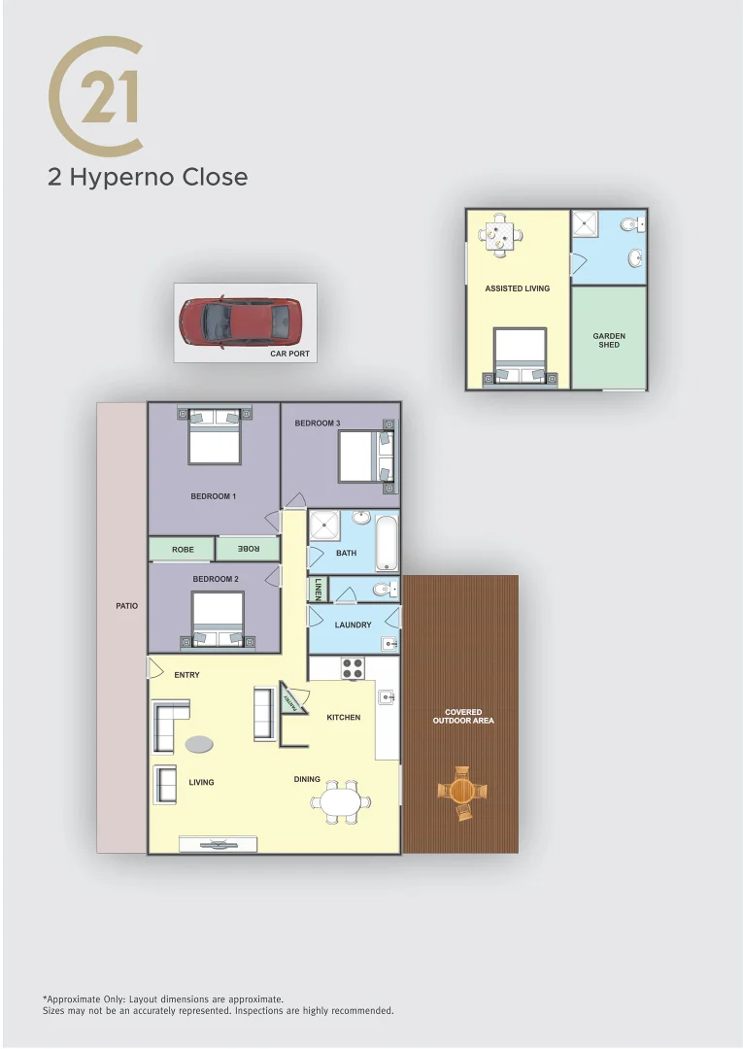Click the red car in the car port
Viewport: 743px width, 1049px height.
click(x=240, y=321)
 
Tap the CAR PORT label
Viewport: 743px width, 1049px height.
click(x=289, y=354)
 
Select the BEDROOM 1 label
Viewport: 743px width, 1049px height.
click(x=213, y=496)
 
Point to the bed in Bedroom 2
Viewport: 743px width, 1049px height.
click(x=218, y=619)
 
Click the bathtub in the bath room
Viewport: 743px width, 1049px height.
click(x=387, y=543)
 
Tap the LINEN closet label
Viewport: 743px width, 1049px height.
click(x=318, y=589)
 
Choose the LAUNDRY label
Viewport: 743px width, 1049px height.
click(x=353, y=625)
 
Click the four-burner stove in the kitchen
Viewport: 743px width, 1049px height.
click(x=352, y=668)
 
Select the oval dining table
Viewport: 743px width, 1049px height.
click(x=340, y=801)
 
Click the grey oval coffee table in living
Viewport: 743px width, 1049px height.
click(x=199, y=744)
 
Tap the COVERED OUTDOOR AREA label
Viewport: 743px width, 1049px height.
click(x=463, y=716)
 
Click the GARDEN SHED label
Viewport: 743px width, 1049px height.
click(x=609, y=340)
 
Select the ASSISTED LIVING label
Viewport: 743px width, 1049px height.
click(x=517, y=288)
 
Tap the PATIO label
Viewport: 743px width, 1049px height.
click(x=126, y=605)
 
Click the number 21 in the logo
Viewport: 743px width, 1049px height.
click(x=109, y=97)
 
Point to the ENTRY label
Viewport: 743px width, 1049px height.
click(x=186, y=674)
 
